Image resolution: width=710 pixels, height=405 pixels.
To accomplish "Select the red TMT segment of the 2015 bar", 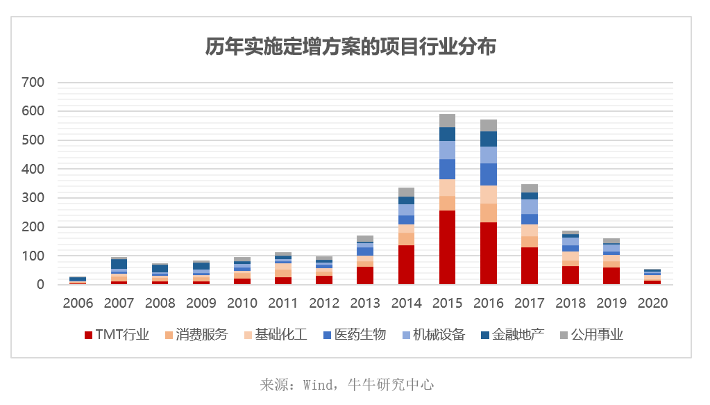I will (x=447, y=247).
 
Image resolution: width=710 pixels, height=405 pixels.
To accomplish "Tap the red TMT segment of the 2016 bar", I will (x=488, y=253).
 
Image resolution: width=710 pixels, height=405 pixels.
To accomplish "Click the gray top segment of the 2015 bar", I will (x=447, y=120).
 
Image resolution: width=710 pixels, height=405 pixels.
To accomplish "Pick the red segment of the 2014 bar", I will (x=406, y=265).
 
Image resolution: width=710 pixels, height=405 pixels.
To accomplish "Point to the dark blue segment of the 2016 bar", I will (x=488, y=138).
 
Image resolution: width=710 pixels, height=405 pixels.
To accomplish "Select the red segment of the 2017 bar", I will (x=529, y=265).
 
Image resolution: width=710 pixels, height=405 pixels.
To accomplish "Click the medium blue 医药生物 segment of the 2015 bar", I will (x=447, y=169).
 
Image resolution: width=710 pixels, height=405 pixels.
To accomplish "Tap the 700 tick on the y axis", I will (x=33, y=83).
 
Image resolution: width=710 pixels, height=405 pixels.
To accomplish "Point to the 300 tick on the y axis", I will (x=33, y=198).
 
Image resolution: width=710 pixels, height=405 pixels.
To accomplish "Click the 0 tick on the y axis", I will (x=40, y=285).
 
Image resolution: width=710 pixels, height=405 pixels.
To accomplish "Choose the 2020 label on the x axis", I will (x=652, y=304).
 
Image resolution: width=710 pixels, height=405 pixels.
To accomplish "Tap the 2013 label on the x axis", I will (x=365, y=304).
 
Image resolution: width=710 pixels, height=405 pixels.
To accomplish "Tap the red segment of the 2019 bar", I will (x=611, y=276).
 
